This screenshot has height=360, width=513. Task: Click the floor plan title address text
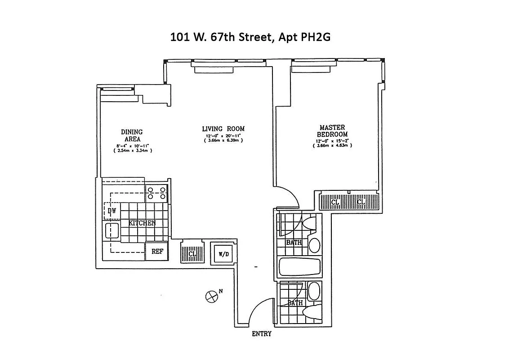[x=250, y=37]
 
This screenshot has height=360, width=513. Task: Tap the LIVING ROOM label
[x=223, y=129]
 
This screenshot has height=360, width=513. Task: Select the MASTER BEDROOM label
[x=333, y=131]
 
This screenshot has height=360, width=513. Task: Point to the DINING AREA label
[x=132, y=135]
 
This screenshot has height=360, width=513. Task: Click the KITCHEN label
[x=142, y=223]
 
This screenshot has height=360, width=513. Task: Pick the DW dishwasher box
[x=112, y=210]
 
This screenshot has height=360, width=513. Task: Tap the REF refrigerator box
[x=157, y=252]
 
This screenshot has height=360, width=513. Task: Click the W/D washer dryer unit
[x=223, y=253]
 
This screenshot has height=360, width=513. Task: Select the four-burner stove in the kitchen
[x=156, y=193]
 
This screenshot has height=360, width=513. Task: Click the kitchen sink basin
[x=112, y=231]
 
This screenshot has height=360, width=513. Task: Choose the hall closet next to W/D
[x=191, y=253]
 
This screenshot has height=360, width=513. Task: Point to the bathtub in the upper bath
[x=300, y=267]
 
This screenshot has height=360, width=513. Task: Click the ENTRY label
[x=261, y=334]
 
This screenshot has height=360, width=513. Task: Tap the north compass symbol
[x=210, y=296]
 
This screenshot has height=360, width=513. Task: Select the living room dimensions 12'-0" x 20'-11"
[x=223, y=136]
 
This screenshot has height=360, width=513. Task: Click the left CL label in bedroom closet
[x=335, y=202]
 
